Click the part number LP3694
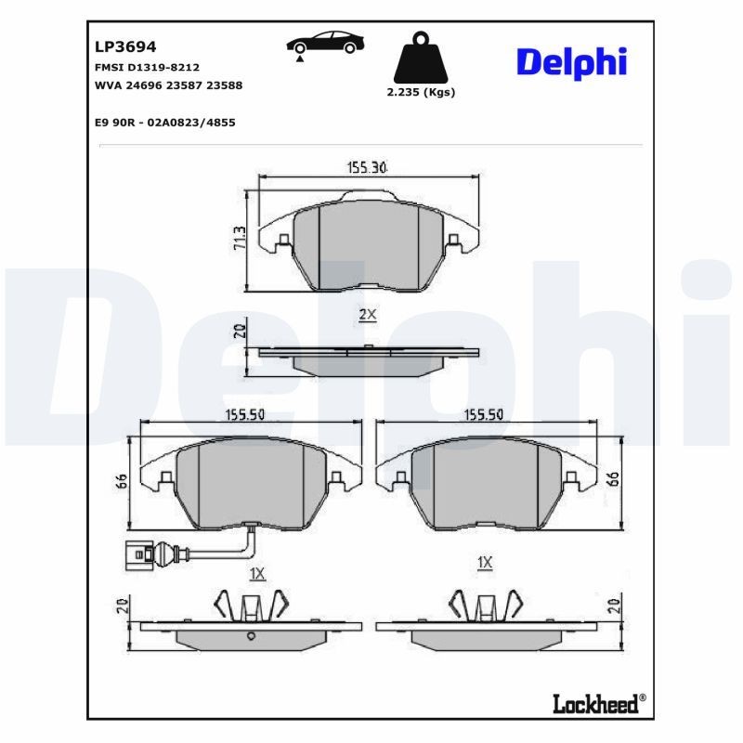[x=125, y=46]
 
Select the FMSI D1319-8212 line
[x=147, y=68]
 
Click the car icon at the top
[x=324, y=44]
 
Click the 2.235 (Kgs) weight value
[x=420, y=93]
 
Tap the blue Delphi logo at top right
[x=571, y=62]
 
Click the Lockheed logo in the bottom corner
[x=598, y=705]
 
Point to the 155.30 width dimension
[x=366, y=168]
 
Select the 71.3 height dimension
[x=239, y=238]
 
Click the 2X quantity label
[x=367, y=315]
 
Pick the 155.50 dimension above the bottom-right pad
[x=483, y=415]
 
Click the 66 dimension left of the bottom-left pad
[x=120, y=481]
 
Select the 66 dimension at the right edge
[x=613, y=479]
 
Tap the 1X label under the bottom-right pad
[x=484, y=563]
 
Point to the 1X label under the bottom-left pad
[x=257, y=575]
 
